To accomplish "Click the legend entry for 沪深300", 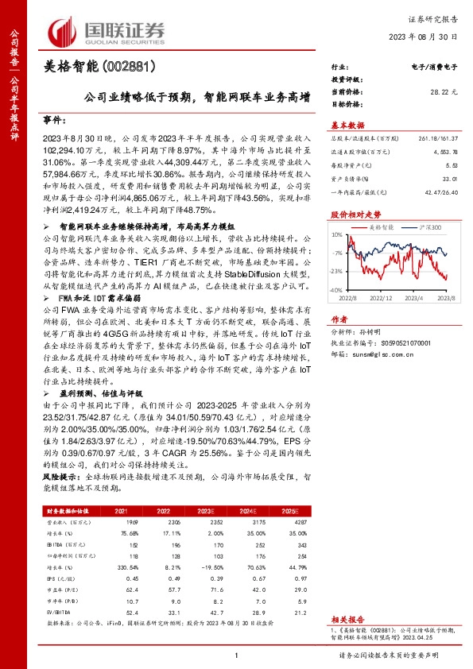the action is click(428, 228).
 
